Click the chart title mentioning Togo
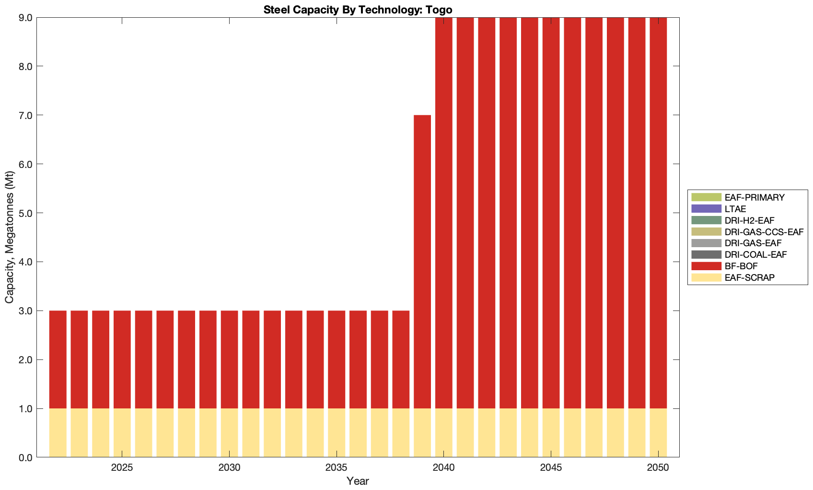[358, 10]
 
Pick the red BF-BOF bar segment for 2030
[229, 359]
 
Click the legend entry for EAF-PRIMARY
[755, 197]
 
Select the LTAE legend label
[735, 209]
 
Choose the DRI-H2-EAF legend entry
[749, 220]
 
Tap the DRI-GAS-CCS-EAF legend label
[764, 232]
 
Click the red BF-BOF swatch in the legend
[706, 266]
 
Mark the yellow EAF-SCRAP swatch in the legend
[706, 277]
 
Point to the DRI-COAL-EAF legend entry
[755, 254]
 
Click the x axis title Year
[358, 481]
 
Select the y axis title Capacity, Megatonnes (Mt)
[10, 238]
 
